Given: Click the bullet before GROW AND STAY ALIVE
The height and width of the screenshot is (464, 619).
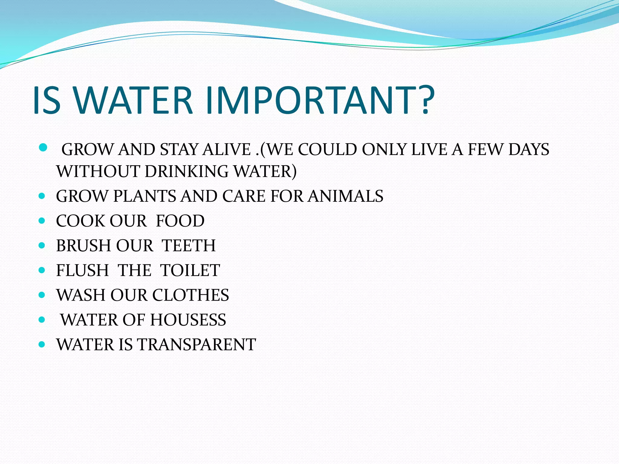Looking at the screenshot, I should pos(43,148).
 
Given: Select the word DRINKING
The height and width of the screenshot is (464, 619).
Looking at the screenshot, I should pos(186,171).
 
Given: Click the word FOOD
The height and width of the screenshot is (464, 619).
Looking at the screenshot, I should pos(180,221).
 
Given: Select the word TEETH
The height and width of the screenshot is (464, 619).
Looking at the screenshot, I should pos(189,246).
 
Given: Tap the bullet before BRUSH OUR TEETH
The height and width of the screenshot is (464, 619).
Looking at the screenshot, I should pos(42,245).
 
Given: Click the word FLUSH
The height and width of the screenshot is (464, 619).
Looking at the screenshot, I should pos(82,270).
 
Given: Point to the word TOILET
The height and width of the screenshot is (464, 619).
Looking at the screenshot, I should pos(190,270).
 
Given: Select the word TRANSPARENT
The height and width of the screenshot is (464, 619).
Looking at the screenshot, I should pos(197,345).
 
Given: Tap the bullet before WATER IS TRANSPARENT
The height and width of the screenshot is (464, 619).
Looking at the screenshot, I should pos(42,344).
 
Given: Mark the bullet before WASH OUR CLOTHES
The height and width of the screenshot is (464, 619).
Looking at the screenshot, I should pos(42,295).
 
